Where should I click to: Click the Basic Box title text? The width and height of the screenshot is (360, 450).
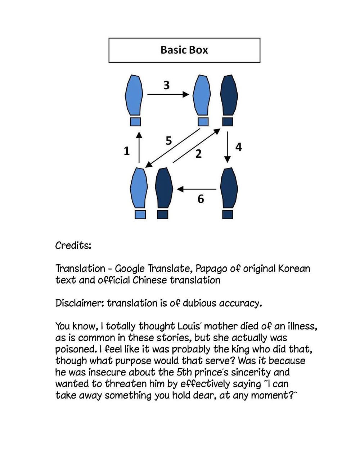pos(184,50)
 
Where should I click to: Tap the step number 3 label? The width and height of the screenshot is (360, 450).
pos(166,85)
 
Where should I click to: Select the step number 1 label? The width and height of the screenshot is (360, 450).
pos(126,151)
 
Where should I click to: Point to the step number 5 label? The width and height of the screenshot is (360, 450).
pos(169,141)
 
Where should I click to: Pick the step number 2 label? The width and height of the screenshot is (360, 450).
pos(198,154)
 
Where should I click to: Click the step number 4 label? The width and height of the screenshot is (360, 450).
pos(238,147)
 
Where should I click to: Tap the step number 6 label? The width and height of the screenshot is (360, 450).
pos(201,198)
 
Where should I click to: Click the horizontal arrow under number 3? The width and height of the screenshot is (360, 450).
pos(168,95)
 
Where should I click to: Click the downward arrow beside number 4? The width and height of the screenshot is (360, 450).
pos(227,148)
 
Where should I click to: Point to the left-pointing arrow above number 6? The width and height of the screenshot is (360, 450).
pos(197,189)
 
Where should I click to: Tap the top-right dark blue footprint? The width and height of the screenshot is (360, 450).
pos(229,95)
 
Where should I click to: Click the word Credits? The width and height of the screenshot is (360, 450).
pos(73,246)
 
